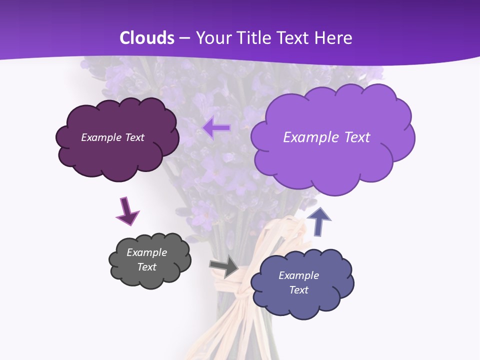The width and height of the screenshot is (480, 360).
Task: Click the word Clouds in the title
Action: pos(147,38)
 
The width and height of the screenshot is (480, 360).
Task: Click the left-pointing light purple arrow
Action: pos(216,127)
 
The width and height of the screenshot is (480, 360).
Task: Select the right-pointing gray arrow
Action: pos(224,267)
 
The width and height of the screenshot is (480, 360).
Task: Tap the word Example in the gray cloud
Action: pos(146,252)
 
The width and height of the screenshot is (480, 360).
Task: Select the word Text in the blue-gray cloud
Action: pos(298,290)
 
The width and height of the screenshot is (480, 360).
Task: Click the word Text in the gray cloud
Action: pos(146,267)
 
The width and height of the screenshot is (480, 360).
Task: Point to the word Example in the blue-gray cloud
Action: pos(298,275)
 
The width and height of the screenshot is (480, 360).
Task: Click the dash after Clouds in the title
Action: pos(184,38)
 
